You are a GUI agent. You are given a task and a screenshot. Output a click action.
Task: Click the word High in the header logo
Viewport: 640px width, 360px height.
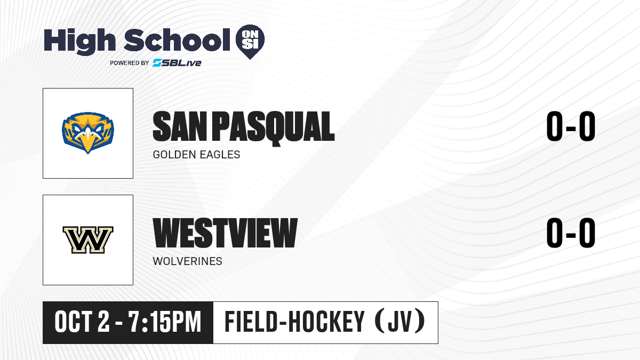[79, 41]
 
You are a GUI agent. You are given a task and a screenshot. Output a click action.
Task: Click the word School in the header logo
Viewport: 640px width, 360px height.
[177, 39]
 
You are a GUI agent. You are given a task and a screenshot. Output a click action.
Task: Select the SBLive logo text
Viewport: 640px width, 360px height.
[177, 62]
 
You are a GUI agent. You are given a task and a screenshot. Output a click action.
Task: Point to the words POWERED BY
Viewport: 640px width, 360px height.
[130, 63]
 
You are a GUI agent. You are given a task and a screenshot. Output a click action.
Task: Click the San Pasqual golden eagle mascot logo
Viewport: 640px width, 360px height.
[88, 133]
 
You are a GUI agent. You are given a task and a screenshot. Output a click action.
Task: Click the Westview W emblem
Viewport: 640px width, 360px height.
[88, 240]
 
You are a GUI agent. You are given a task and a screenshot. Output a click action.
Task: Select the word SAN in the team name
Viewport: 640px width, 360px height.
[180, 126]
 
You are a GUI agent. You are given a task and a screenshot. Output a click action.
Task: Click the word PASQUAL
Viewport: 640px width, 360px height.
[274, 129]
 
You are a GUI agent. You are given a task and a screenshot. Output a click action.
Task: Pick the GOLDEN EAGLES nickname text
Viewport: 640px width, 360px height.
[197, 155]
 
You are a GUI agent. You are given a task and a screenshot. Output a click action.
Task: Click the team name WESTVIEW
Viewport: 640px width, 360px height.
[225, 233]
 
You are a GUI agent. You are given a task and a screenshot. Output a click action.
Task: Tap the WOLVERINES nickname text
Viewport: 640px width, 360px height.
[187, 261]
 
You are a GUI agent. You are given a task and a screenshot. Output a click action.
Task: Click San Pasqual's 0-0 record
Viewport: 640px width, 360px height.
[571, 126]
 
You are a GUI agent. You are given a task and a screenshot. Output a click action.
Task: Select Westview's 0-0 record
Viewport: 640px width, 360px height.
[571, 233]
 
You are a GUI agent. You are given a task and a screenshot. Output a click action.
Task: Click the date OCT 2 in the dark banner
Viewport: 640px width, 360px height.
[82, 322]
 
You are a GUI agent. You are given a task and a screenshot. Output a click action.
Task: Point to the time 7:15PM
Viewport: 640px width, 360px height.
[165, 322]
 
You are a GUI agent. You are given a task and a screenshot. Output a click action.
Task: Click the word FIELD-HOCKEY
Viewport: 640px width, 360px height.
[294, 322]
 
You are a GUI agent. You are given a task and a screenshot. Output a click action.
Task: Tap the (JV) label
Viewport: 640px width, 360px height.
[400, 322]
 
